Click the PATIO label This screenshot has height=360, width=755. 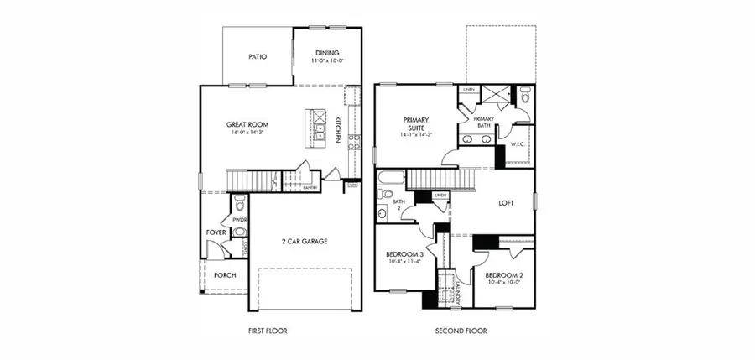coord(258,57)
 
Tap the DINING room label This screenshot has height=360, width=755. coord(325,52)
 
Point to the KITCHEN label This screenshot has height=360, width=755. coord(338,129)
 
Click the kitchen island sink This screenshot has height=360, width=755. coord(320,130)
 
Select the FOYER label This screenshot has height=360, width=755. coord(216,232)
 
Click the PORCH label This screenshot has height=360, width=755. coord(225,275)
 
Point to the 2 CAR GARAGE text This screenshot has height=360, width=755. coord(304,241)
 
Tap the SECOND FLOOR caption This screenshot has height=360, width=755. coord(461,331)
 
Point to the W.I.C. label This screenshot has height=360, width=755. coord(518,144)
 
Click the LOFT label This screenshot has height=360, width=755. coord(506,201)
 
